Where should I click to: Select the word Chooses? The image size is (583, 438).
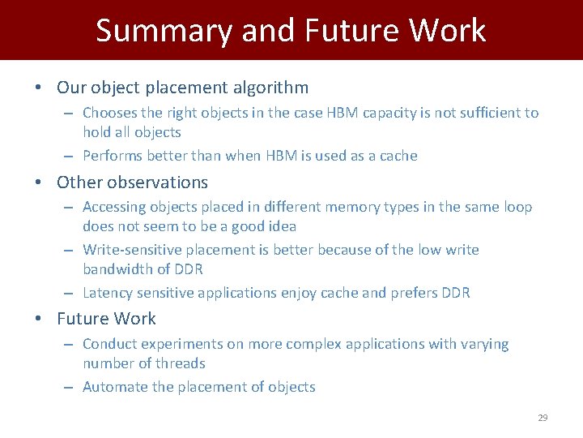click(111, 113)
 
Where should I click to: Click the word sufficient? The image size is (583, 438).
click(484, 113)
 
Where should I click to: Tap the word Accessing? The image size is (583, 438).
click(116, 207)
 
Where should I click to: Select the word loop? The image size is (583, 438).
click(516, 207)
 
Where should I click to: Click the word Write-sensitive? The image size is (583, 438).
click(132, 250)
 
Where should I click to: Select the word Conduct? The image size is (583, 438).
click(110, 344)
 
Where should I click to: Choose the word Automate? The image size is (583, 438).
click(115, 387)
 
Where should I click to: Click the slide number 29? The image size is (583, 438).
click(543, 418)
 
